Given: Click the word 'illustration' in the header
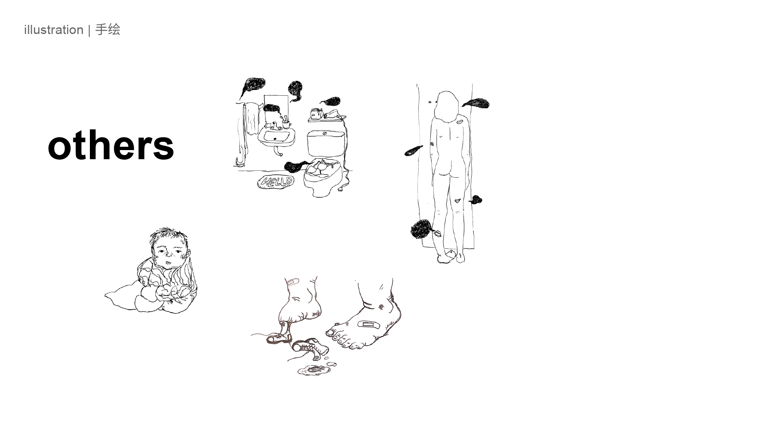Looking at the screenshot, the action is pos(54,30).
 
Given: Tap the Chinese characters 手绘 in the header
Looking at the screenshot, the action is pos(108,30).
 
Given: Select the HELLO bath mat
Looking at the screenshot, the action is pos(276,182).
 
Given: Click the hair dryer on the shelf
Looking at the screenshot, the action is pos(332,114).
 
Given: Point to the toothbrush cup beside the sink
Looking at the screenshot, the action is pos(286,124).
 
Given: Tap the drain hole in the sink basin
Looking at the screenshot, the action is pos(274,139).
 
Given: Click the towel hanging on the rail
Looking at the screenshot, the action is pos(251,119).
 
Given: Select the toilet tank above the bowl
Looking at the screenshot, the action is pos(326,143).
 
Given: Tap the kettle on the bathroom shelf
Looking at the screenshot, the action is pos(316,113).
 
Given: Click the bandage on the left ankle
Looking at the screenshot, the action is pos(292,282).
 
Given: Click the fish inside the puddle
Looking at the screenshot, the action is pos(314,369).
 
